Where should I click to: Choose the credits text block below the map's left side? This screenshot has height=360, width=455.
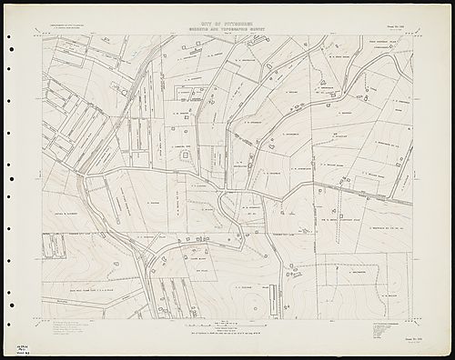[x=68, y=329]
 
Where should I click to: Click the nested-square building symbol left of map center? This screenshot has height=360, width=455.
[x=186, y=155]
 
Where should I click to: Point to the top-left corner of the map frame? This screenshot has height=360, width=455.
[x=41, y=35]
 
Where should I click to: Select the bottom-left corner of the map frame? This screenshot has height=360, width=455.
[x=41, y=319]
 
